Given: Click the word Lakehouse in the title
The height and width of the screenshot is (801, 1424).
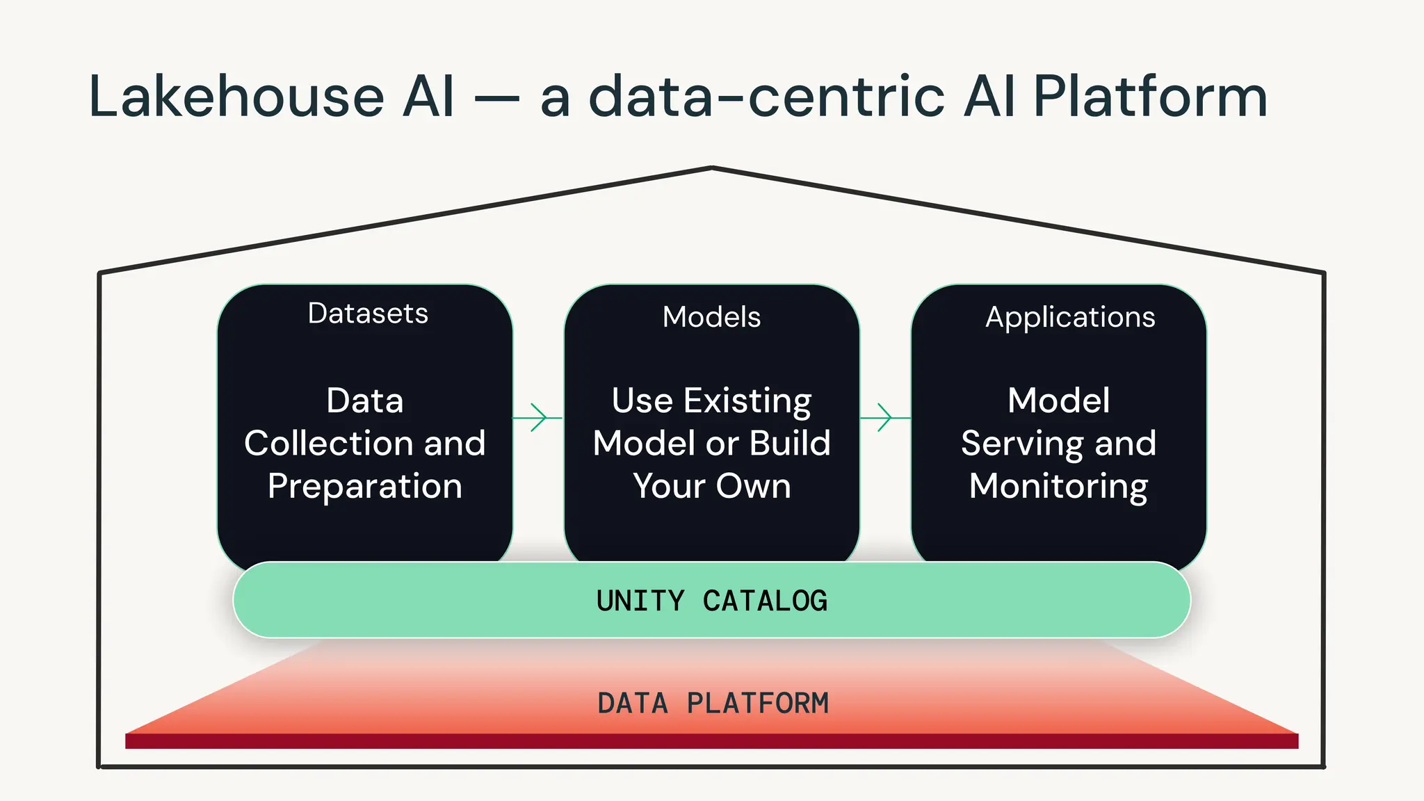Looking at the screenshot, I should [x=236, y=97].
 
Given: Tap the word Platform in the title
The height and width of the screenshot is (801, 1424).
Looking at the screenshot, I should [x=1150, y=97].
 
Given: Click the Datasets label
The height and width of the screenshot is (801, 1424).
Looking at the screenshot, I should [x=368, y=314].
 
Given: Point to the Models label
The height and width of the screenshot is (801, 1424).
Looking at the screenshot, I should [x=711, y=317].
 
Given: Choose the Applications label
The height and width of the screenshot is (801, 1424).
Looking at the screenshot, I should [x=1070, y=317].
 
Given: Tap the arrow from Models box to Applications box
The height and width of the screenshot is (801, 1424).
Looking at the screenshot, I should [x=885, y=417].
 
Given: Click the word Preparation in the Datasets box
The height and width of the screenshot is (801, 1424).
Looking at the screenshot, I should [x=365, y=486].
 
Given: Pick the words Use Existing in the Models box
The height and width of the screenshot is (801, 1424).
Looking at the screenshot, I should [x=711, y=401].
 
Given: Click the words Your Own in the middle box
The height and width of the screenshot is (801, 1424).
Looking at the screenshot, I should [x=711, y=486].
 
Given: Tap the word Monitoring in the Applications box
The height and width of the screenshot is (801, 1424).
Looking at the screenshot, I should [x=1058, y=486].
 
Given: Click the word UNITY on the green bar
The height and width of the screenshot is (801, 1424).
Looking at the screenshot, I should [x=640, y=601].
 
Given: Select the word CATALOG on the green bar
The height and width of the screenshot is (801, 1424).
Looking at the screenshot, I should [x=765, y=601].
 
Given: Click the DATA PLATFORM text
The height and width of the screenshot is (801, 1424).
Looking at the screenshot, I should [x=713, y=703].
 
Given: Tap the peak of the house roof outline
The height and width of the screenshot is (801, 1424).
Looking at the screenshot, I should [x=712, y=168].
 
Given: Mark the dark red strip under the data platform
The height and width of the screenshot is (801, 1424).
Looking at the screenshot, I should [x=711, y=741].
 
